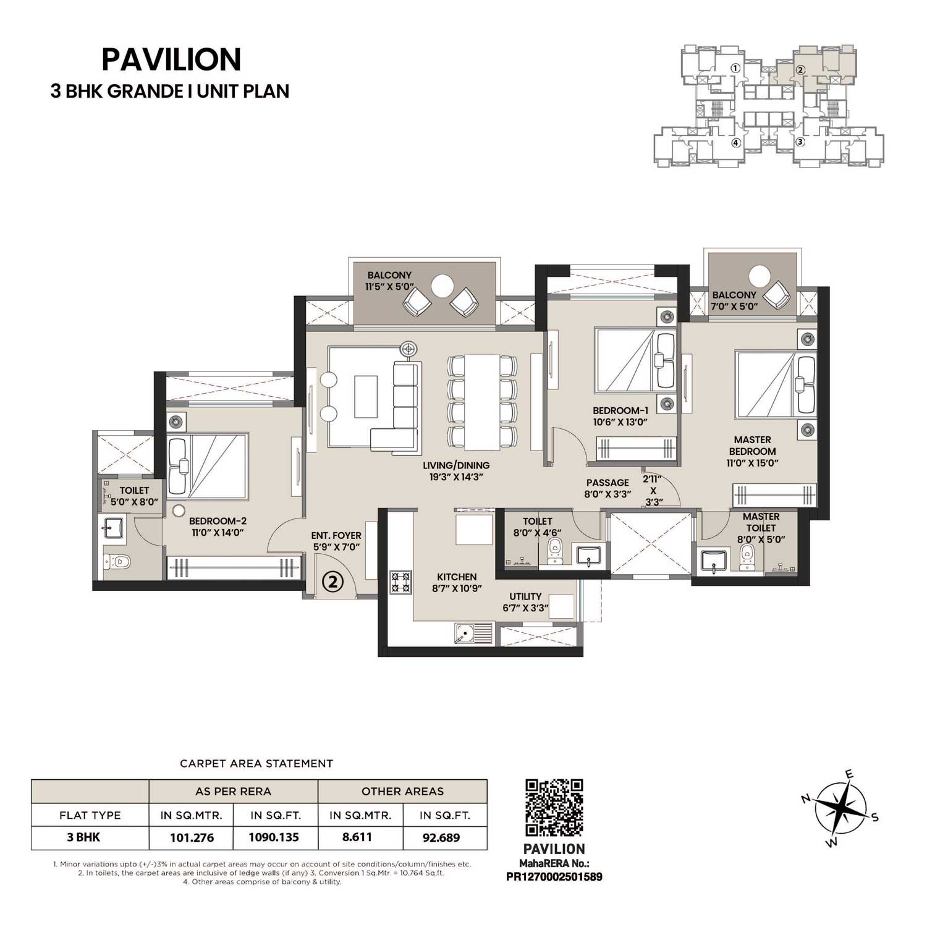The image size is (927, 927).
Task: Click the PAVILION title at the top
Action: tap(171, 60)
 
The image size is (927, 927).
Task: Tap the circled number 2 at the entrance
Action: tap(333, 581)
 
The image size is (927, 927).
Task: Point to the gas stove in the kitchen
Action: tap(400, 582)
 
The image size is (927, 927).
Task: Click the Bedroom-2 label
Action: tap(218, 520)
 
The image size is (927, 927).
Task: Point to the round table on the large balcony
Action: tap(442, 286)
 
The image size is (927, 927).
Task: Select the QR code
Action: tap(554, 807)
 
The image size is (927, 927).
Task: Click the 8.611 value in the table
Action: tap(360, 837)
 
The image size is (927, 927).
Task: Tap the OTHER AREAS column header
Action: tap(402, 791)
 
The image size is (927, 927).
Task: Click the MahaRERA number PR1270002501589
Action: tap(554, 876)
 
